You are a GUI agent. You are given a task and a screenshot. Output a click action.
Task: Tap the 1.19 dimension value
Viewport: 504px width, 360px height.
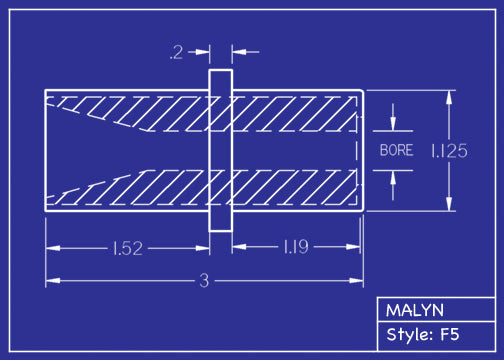point(295,247)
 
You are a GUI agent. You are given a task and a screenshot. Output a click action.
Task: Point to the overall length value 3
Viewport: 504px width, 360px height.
point(204,282)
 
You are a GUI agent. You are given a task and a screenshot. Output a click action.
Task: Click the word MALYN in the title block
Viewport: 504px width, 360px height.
point(414,310)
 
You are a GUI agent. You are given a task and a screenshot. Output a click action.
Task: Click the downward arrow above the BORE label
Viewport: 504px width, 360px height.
point(395,123)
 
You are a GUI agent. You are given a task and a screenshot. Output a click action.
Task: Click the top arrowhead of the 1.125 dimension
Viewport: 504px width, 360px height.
point(449,96)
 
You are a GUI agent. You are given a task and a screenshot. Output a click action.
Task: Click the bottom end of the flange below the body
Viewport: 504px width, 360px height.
point(220,229)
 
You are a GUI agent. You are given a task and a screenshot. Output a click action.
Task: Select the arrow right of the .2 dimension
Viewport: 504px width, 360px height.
point(240,50)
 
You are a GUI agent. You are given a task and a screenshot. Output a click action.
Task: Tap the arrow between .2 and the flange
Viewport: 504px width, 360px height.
point(203,50)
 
